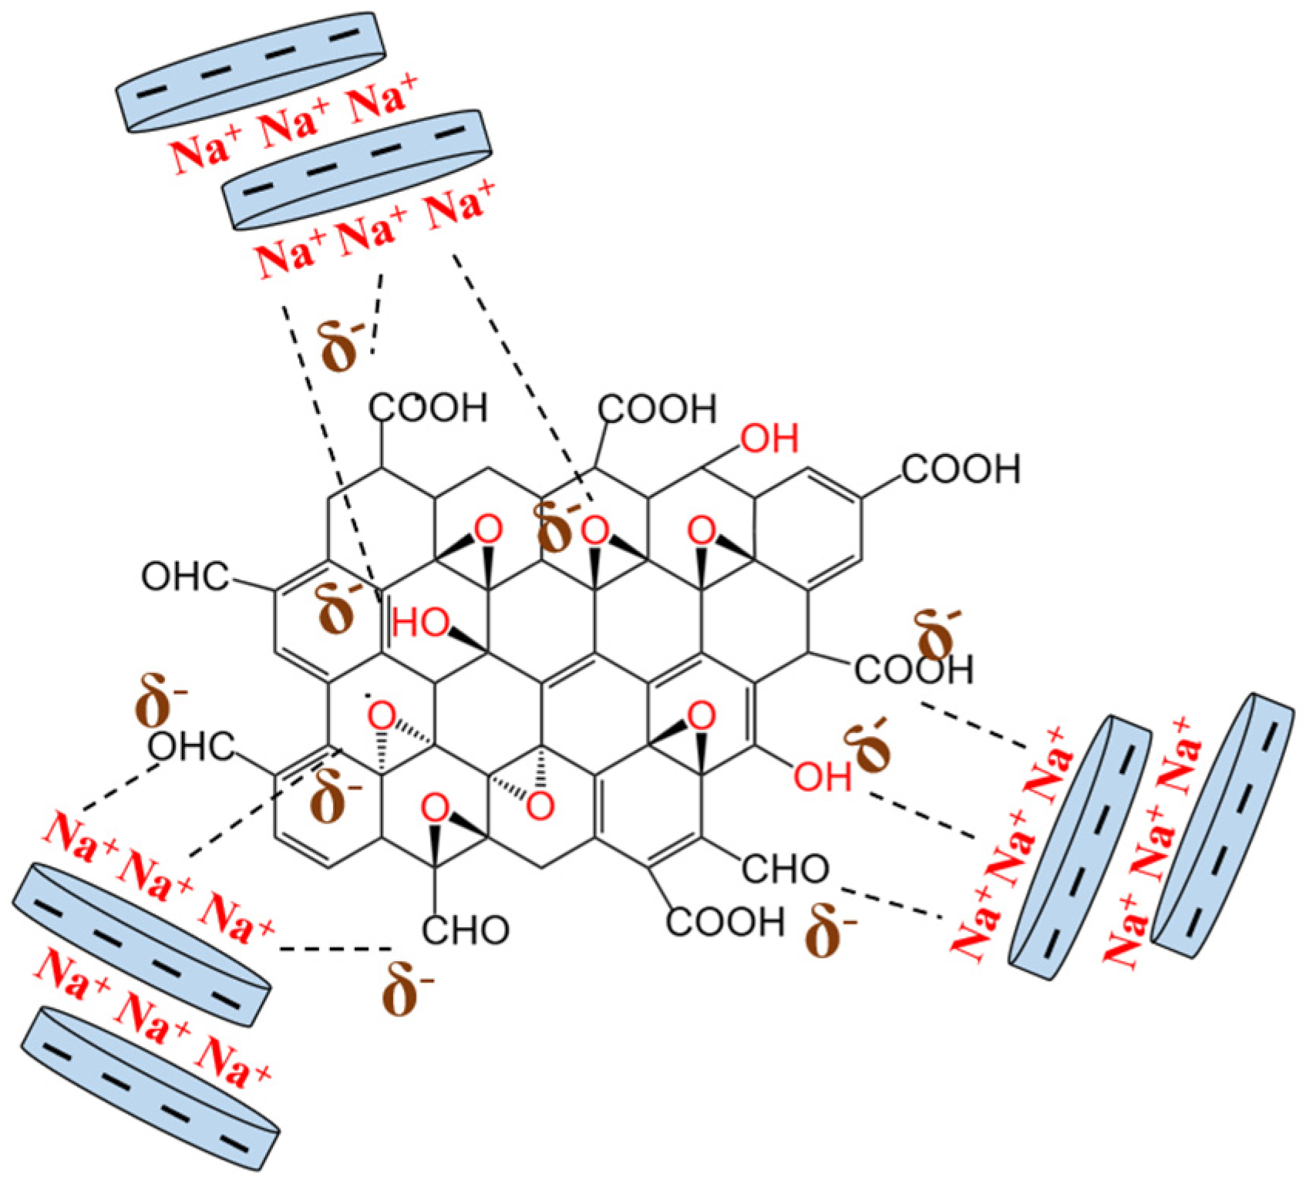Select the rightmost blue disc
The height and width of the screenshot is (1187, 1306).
click(1222, 825)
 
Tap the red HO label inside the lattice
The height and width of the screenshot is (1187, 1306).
click(420, 623)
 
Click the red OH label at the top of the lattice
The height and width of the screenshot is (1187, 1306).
click(769, 439)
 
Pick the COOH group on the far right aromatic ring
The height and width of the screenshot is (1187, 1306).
click(961, 469)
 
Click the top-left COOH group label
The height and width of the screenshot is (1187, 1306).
click(429, 409)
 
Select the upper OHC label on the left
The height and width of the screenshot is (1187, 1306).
click(185, 577)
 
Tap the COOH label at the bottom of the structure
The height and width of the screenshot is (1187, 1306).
click(725, 921)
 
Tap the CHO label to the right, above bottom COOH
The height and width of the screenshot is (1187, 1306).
click(785, 869)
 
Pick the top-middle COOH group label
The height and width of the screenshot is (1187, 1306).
click(658, 409)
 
